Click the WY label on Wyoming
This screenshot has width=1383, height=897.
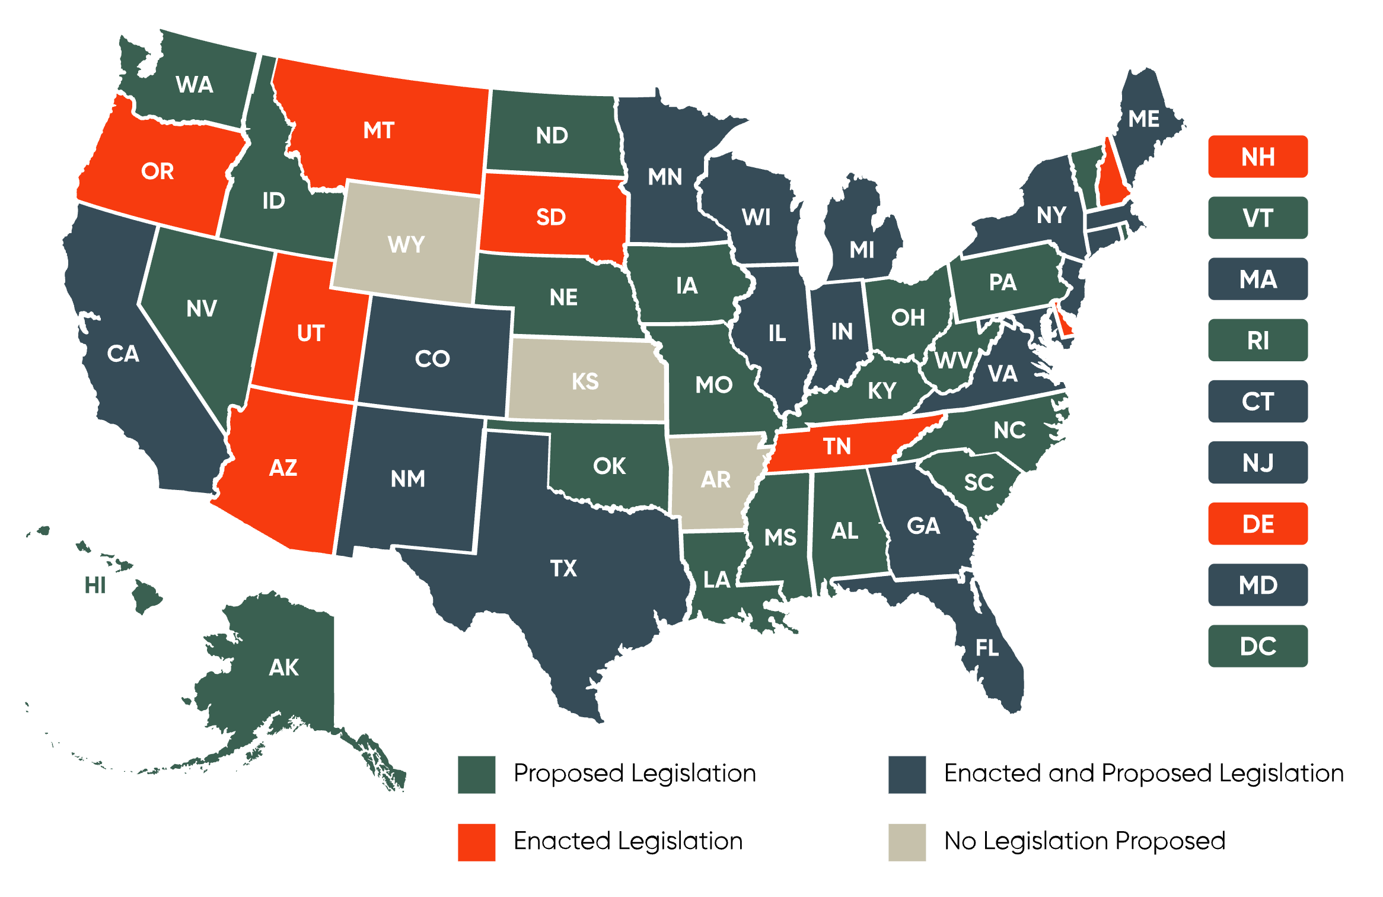tap(406, 244)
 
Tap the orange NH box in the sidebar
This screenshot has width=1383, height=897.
tap(1257, 157)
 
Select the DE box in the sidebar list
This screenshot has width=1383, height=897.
tap(1257, 524)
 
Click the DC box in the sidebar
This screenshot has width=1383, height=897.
tap(1257, 646)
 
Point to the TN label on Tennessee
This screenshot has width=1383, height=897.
tap(837, 446)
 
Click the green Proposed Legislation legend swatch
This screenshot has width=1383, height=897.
tap(476, 774)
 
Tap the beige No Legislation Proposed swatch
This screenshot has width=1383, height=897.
tap(907, 842)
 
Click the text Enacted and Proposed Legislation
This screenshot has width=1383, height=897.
tap(1143, 774)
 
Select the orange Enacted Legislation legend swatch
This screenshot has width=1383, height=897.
tap(476, 842)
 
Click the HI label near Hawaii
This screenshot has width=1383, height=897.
tap(95, 586)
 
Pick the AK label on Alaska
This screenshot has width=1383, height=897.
tap(283, 668)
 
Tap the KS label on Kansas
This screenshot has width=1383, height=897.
tap(585, 381)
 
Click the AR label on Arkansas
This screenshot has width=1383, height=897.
tap(716, 479)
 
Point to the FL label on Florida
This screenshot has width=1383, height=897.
tap(987, 648)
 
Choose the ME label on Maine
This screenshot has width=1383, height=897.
tap(1143, 119)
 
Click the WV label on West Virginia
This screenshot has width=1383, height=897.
tap(952, 360)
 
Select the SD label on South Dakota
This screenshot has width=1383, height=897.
tap(551, 217)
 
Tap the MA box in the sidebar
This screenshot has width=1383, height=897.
tap(1257, 279)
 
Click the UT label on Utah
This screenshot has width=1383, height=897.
tap(310, 333)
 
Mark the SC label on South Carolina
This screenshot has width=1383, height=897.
tap(979, 482)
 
